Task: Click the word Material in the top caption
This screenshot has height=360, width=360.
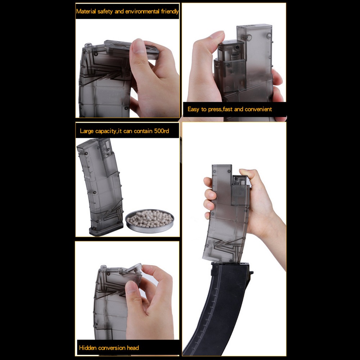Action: tap(86, 12)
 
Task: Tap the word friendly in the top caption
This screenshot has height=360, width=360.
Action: tap(170, 12)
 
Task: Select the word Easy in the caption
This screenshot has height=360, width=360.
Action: tap(194, 109)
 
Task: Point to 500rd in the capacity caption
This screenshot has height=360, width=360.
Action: tap(161, 131)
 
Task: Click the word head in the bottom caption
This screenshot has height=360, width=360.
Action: tap(133, 348)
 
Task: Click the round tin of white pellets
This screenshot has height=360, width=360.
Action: tap(150, 221)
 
